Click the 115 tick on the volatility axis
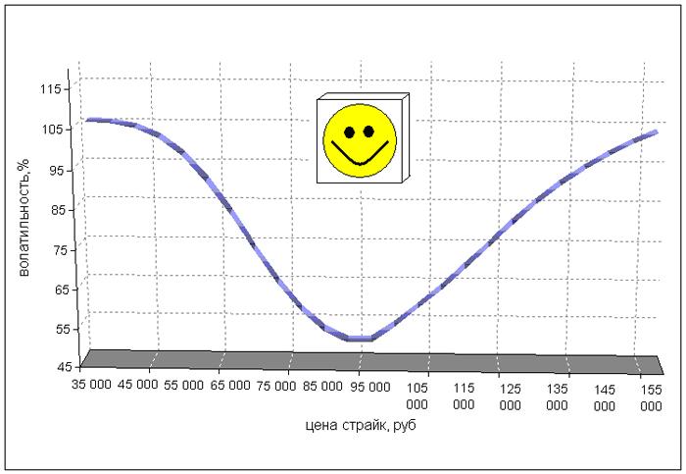point(51,89)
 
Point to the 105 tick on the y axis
point(51,130)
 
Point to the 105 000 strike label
point(417,395)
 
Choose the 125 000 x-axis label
point(511,395)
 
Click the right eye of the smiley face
point(368,130)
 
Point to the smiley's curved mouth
point(360,157)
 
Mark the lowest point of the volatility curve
point(359,339)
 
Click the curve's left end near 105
point(88,120)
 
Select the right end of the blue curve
point(657,132)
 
